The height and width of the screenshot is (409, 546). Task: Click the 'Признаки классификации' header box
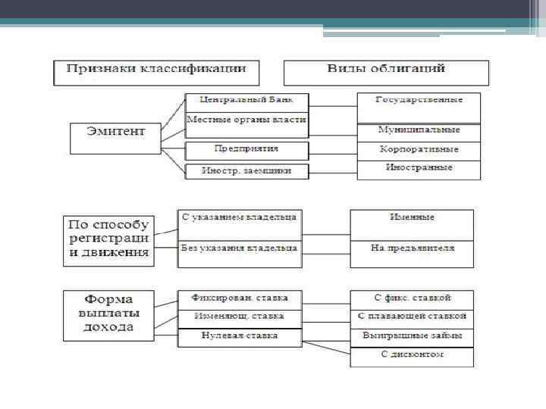(156, 73)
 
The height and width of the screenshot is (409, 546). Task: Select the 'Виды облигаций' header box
(386, 73)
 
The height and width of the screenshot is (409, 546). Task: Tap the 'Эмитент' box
(117, 138)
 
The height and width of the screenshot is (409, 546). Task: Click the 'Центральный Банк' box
(246, 101)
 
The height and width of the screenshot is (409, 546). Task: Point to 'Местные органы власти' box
(246, 121)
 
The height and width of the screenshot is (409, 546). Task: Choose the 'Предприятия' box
(246, 150)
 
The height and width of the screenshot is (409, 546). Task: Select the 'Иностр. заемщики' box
(246, 171)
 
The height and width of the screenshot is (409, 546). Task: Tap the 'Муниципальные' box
(419, 132)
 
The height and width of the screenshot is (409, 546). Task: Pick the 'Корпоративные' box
(419, 151)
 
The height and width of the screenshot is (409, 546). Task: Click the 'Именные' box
(412, 220)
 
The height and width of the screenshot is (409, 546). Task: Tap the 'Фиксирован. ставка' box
(240, 298)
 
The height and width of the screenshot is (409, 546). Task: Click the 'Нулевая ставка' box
(240, 337)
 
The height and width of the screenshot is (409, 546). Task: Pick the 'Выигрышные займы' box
(412, 337)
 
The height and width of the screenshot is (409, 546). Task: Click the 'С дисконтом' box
(412, 356)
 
